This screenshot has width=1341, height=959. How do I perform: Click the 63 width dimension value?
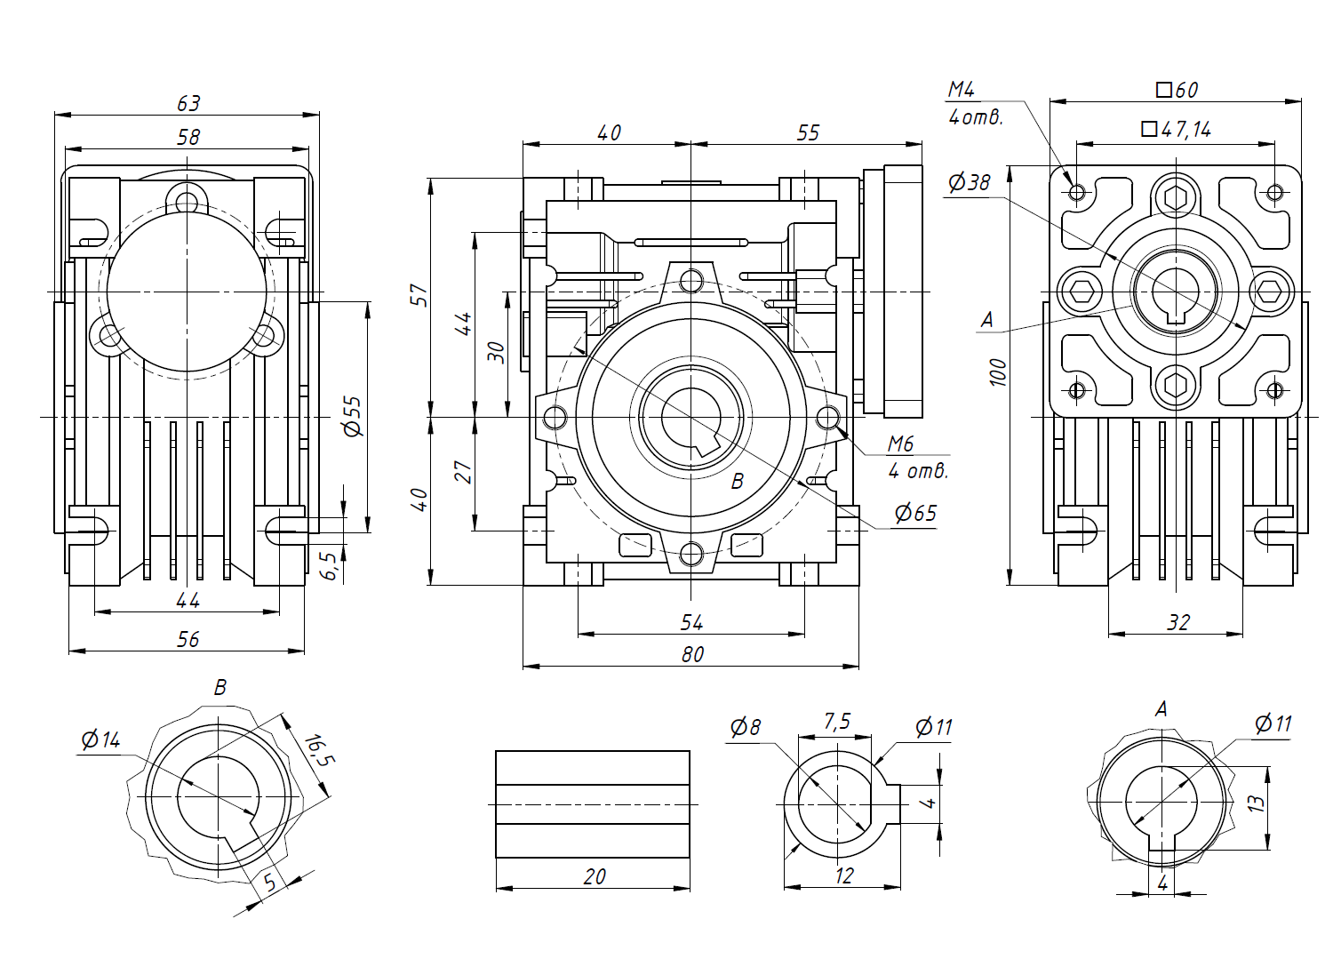tap(188, 104)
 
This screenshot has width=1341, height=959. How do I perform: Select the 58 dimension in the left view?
tap(188, 137)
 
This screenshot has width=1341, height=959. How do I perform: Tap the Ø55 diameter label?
tap(353, 416)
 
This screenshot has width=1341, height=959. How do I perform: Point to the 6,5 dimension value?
tap(330, 565)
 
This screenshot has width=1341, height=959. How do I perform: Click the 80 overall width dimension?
tap(692, 655)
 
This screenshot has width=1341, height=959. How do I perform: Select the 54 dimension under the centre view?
tap(691, 622)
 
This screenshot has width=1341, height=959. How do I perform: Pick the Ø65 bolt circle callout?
tap(915, 513)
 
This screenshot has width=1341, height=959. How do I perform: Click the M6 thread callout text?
tap(900, 444)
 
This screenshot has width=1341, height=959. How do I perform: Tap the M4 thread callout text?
tap(962, 90)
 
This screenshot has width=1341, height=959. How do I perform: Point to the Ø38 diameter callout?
tap(969, 182)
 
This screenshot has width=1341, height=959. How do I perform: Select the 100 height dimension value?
tap(998, 372)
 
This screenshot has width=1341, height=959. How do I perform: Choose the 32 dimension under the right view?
tap(1177, 622)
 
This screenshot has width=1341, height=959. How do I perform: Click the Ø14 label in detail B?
tap(100, 739)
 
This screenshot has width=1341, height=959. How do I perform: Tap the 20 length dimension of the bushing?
tap(595, 876)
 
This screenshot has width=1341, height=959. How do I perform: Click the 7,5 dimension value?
tap(836, 722)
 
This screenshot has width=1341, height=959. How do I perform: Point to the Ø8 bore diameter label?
tap(746, 727)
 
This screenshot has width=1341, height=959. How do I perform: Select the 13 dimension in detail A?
tap(1255, 803)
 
